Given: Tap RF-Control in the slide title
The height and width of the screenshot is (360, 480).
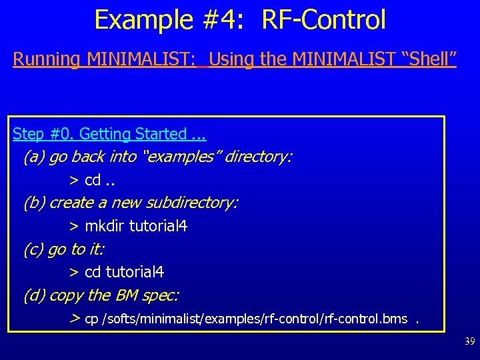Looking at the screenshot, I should (x=324, y=20).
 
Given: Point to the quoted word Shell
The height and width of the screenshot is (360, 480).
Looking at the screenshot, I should (x=427, y=59).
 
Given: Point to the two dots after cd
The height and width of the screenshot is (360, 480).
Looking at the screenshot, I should (x=110, y=181).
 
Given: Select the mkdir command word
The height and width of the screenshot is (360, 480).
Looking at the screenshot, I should (x=105, y=226).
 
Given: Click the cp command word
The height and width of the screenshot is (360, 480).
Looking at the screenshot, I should (x=91, y=319).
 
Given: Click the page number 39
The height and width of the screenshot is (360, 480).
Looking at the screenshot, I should (x=469, y=341).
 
